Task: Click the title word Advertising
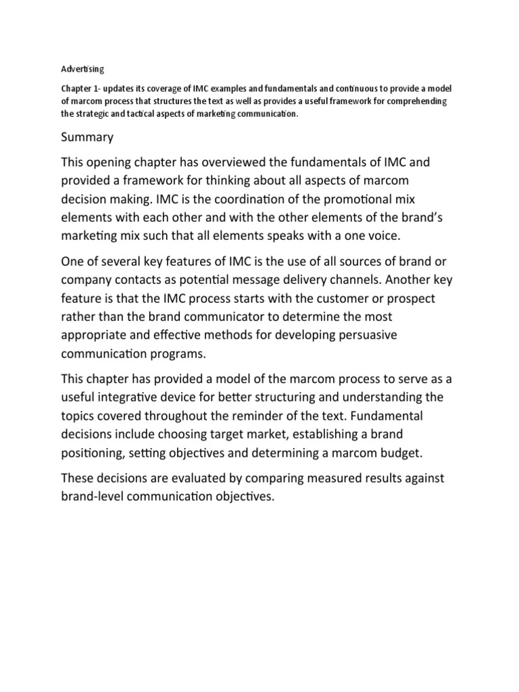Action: (82, 68)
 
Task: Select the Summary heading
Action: (87, 137)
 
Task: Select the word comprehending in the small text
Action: (415, 101)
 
